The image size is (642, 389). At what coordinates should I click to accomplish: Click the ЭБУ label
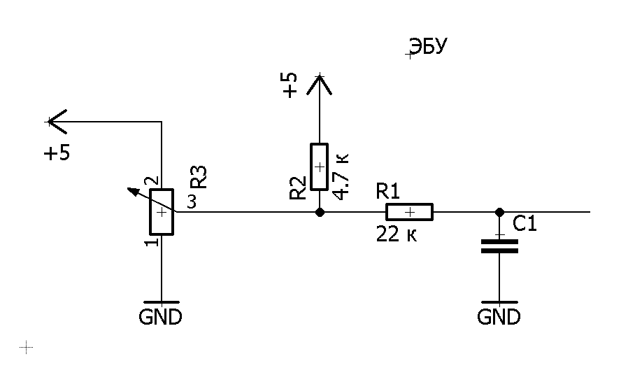[x=428, y=46]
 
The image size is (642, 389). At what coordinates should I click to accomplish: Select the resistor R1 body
[x=409, y=212]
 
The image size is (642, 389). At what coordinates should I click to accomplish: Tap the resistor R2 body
[x=320, y=167]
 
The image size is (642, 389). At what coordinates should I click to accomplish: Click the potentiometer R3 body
[x=162, y=212]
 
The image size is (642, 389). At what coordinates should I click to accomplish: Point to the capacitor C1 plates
[x=499, y=246]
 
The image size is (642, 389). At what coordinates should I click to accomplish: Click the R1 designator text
[x=387, y=191]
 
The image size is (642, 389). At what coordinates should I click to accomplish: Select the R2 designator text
[x=298, y=188]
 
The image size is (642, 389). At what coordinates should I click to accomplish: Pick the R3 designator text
[x=199, y=177]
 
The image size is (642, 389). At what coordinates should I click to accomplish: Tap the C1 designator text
[x=525, y=224]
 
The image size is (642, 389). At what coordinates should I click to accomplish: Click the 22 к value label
[x=397, y=234]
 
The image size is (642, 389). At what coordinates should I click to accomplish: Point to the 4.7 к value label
[x=341, y=177]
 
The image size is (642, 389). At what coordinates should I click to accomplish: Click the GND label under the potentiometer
[x=161, y=317]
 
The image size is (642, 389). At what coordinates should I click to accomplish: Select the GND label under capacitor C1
[x=499, y=317]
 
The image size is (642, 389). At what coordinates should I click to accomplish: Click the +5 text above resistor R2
[x=290, y=85]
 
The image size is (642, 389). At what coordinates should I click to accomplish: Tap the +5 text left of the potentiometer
[x=57, y=153]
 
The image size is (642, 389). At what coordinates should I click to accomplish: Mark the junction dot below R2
[x=320, y=212]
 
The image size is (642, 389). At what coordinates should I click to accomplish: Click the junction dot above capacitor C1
[x=499, y=212]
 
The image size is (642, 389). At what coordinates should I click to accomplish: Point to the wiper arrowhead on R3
[x=131, y=191]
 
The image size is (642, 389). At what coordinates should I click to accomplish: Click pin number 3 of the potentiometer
[x=192, y=202]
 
